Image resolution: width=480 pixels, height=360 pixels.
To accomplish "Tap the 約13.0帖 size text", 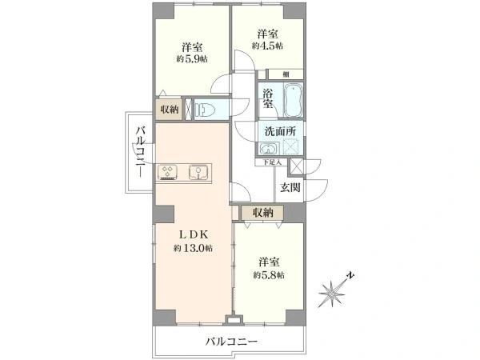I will click(193, 248).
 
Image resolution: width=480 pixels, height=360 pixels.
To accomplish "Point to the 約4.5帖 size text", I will click(267, 45).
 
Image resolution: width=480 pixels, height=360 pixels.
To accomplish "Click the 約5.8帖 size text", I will click(268, 274).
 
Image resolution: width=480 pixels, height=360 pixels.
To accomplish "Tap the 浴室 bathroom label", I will click(268, 98).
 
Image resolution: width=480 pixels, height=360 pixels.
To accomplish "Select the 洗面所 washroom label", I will click(276, 131).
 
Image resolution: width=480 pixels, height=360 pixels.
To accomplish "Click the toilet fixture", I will click(206, 110).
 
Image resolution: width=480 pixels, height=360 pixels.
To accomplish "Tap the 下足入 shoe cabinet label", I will click(273, 162).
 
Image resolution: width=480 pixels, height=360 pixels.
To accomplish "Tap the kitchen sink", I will click(198, 170).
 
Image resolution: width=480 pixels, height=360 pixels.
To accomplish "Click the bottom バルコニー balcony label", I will click(230, 342).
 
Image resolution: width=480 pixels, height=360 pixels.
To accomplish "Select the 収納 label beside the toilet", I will click(169, 110).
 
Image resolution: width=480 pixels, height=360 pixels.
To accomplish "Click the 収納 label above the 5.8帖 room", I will click(263, 213).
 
